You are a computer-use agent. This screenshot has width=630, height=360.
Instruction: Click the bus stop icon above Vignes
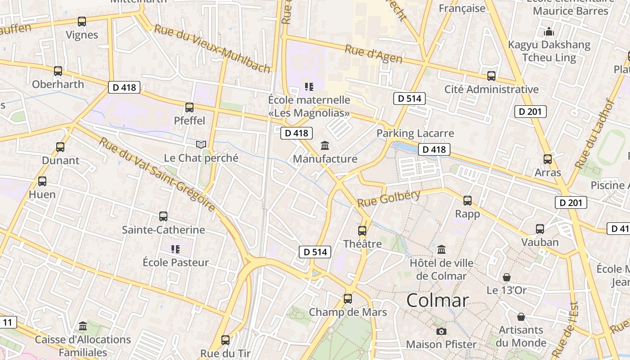81,21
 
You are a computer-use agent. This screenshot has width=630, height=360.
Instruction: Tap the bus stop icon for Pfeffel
189,108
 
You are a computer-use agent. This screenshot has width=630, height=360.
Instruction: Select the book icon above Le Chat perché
201,144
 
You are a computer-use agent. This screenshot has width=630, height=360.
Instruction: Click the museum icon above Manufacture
324,145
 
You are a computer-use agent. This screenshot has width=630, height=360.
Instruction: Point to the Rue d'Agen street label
373,54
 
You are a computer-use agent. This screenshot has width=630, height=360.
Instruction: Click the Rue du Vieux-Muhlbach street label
212,49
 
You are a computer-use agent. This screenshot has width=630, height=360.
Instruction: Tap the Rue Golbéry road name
389,198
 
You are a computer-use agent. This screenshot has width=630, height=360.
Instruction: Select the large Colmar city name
437,300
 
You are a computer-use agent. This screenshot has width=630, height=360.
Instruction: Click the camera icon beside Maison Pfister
441,331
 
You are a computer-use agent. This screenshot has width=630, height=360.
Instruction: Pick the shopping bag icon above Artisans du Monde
521,317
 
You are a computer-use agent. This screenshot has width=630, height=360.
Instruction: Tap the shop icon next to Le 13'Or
507,277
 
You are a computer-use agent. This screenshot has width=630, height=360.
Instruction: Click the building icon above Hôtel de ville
441,249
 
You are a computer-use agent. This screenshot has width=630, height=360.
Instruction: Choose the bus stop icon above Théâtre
362,231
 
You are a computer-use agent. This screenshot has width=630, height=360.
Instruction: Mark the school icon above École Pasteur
175,249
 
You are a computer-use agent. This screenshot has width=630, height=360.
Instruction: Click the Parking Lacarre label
415,133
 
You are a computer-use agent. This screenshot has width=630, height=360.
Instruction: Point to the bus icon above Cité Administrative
491,76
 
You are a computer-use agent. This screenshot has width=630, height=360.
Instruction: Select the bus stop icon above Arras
548,159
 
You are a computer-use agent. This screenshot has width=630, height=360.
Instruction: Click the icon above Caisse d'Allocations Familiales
83,326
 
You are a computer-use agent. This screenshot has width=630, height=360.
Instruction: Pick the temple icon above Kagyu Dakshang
549,31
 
